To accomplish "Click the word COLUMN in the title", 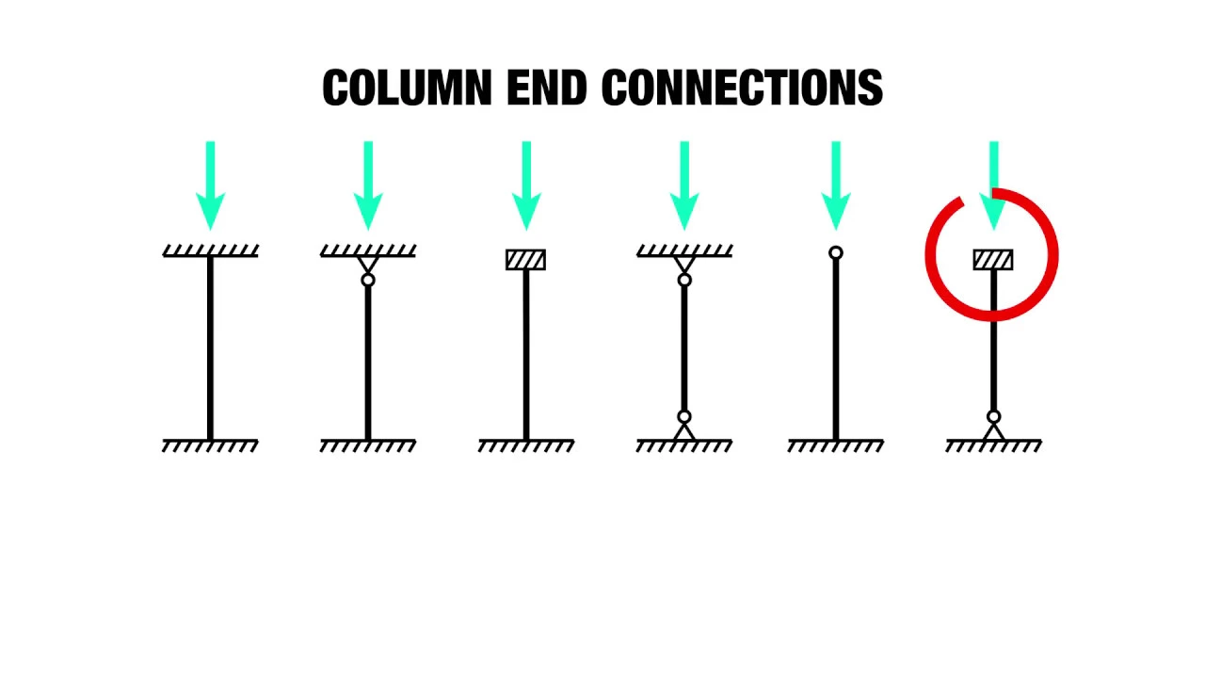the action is click(x=408, y=88).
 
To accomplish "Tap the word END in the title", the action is click(x=547, y=88).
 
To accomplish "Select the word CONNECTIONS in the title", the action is click(x=743, y=88).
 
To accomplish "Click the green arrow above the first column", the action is click(x=210, y=186).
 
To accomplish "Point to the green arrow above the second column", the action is click(x=368, y=186).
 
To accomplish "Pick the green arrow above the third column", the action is click(x=526, y=186).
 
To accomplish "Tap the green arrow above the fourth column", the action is click(x=684, y=186).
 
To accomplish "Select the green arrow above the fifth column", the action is click(x=835, y=186).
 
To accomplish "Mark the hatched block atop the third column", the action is click(x=525, y=260).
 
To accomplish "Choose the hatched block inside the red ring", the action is click(x=993, y=260).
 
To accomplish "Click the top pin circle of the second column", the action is click(x=368, y=280).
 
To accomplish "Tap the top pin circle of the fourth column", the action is click(x=684, y=280).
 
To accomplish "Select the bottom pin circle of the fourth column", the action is click(x=684, y=416).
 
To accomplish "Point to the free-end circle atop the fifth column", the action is click(x=835, y=252).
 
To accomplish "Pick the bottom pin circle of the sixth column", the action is click(x=993, y=416).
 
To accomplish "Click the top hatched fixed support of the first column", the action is click(x=210, y=250).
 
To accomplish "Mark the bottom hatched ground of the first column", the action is click(x=210, y=445).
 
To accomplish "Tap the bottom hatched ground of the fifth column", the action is click(x=835, y=445).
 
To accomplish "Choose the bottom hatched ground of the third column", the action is click(x=526, y=445).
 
